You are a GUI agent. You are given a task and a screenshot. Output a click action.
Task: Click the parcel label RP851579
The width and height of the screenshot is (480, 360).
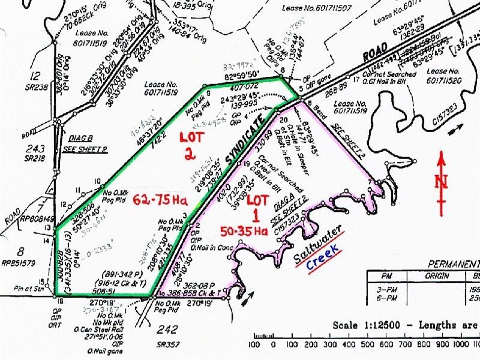coord(22,261)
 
